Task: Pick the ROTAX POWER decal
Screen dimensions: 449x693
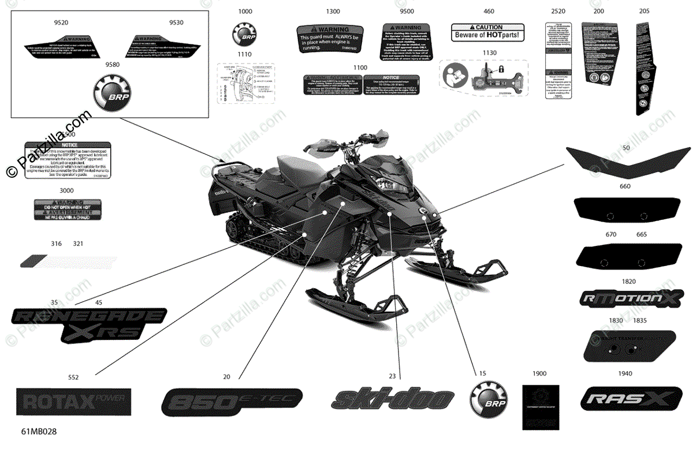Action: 73,400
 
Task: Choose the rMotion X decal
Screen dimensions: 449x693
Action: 627,298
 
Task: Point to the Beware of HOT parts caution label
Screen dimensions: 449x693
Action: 487,32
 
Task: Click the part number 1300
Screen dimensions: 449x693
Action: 333,12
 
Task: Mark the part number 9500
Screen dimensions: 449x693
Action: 407,12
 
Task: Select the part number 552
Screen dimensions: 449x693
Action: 73,377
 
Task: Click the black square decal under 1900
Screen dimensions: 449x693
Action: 541,406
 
